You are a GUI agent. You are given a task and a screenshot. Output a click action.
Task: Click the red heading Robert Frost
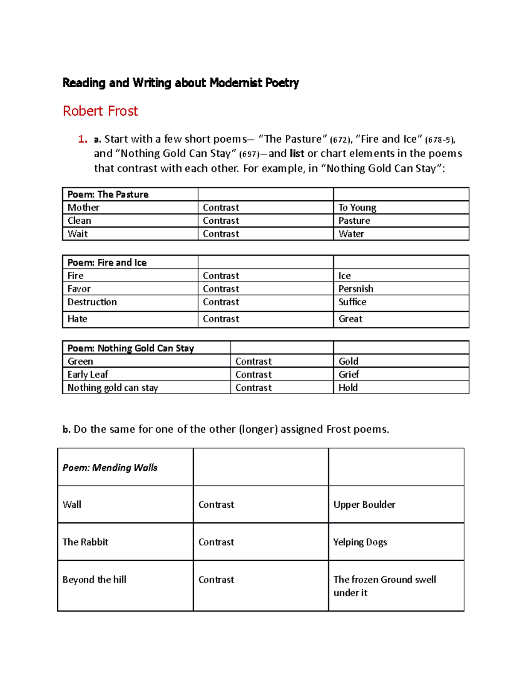[x=100, y=111]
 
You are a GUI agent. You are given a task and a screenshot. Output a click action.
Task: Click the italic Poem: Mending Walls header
[x=110, y=467]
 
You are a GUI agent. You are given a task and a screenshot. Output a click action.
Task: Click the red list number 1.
[x=82, y=139]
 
